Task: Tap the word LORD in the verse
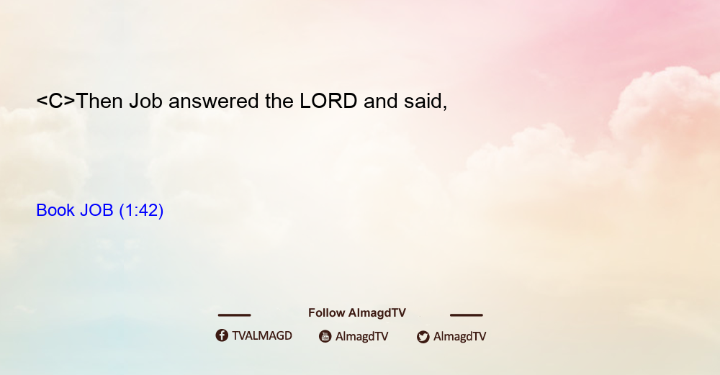coord(328,101)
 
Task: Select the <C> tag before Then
coord(55,101)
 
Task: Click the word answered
coord(214,101)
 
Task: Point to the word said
coord(426,101)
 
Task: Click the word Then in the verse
coord(99,101)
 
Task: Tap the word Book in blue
coord(55,210)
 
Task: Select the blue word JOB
coord(96,210)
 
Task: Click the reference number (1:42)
coord(141,211)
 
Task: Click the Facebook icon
coord(222,335)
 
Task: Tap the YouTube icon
coord(325,336)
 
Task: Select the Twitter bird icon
coord(423,337)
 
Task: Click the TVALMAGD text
coord(262,335)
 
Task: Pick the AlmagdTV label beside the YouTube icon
coord(362,336)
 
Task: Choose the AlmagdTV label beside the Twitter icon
coord(459,336)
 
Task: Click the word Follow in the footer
coord(326,312)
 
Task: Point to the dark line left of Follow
coord(234,315)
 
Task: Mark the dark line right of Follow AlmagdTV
coord(467,315)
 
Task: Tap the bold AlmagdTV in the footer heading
coord(377,313)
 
